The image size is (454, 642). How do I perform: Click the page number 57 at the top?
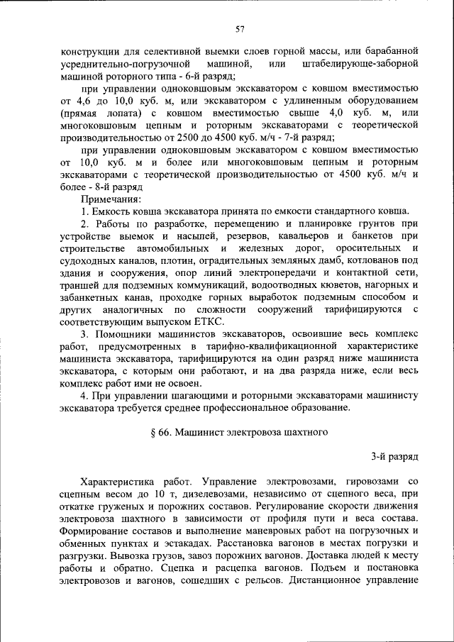tap(240, 29)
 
